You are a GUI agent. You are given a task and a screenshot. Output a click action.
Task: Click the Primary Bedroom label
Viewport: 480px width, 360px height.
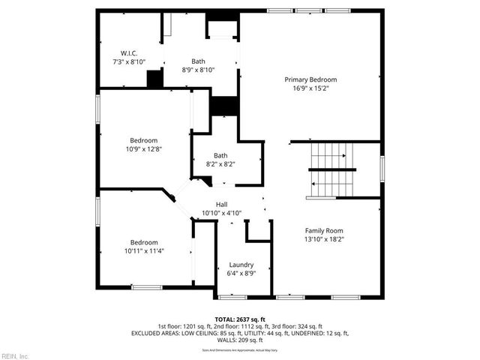[x=310, y=79]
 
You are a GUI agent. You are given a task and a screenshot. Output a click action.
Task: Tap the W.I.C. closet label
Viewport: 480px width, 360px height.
[x=129, y=53]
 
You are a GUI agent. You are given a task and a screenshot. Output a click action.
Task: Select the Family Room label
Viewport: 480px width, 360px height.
[x=324, y=230]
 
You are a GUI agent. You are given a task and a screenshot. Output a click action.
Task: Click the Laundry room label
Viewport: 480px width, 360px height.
[x=241, y=265]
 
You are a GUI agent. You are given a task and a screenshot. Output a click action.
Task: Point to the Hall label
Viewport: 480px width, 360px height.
[x=222, y=205]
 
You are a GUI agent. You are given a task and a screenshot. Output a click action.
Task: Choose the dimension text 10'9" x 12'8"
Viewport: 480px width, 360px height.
[x=144, y=149]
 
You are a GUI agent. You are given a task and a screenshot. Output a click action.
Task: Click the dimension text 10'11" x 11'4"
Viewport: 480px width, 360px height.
[x=144, y=251]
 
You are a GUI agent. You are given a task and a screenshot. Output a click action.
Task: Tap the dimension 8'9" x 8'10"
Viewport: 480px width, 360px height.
[x=198, y=70]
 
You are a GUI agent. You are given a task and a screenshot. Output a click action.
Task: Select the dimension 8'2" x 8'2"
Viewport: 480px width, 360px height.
[x=220, y=164]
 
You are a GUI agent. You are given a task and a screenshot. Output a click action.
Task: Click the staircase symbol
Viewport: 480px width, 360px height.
[x=331, y=169]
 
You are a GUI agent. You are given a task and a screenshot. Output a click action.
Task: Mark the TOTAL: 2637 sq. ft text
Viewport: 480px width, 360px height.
[x=240, y=319]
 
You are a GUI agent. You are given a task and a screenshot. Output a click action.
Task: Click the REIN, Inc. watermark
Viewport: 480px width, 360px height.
[x=15, y=355]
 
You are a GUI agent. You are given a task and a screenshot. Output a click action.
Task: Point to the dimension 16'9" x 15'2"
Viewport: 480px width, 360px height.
[x=310, y=88]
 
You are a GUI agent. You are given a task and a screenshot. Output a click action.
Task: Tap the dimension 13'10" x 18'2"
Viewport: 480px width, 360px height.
[x=324, y=239]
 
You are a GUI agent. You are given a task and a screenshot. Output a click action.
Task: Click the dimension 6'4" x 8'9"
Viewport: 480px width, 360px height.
[x=241, y=274]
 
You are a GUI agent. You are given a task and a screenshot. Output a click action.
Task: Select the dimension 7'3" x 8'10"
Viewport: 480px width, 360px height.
[x=129, y=62]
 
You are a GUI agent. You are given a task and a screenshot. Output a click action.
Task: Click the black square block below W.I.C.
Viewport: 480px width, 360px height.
[x=155, y=79]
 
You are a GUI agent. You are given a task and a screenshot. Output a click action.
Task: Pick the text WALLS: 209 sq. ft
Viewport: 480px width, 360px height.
[x=240, y=339]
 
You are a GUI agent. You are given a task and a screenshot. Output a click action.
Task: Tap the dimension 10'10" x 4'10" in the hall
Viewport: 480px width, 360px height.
[x=222, y=214]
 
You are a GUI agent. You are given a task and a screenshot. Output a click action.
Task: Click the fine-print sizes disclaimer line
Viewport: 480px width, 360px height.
[x=240, y=349]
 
